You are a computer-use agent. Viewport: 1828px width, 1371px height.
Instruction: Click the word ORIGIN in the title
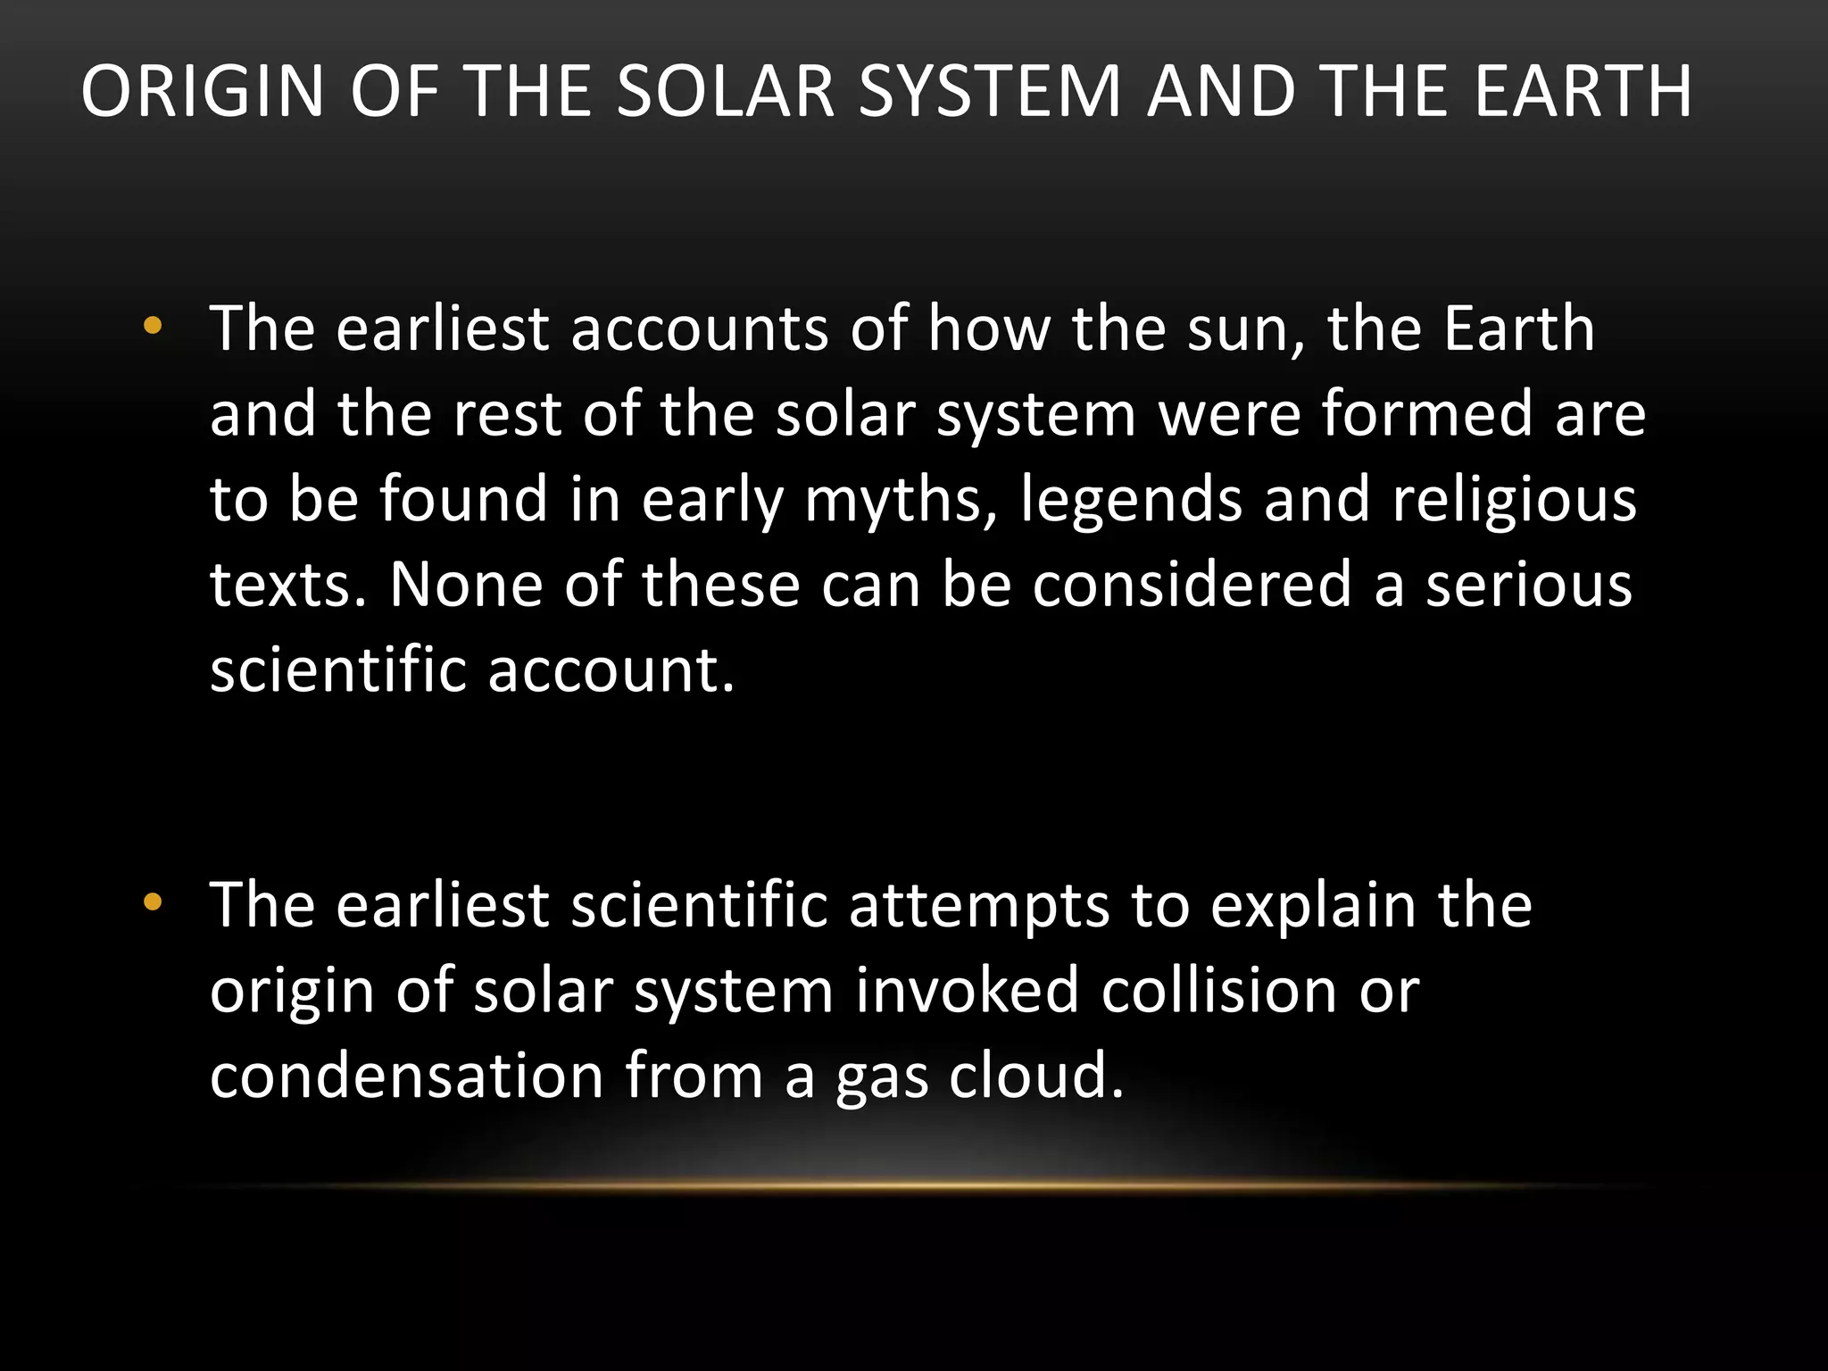[x=203, y=92]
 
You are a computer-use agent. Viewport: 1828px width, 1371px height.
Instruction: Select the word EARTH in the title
[x=1583, y=92]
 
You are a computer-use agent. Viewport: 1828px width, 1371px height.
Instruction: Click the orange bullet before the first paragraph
[x=153, y=327]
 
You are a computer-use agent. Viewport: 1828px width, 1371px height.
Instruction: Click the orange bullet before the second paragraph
[x=153, y=902]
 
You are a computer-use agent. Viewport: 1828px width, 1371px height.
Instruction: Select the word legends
[x=1131, y=500]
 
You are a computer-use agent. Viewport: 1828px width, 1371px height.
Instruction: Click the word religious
[x=1515, y=500]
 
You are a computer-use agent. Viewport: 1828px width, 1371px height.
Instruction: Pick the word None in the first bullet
[x=466, y=585]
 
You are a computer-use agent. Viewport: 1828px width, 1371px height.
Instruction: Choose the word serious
[x=1528, y=585]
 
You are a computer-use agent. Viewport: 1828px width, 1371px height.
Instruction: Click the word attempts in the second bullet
[x=978, y=906]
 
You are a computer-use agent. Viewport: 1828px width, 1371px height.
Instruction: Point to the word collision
[x=1218, y=991]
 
